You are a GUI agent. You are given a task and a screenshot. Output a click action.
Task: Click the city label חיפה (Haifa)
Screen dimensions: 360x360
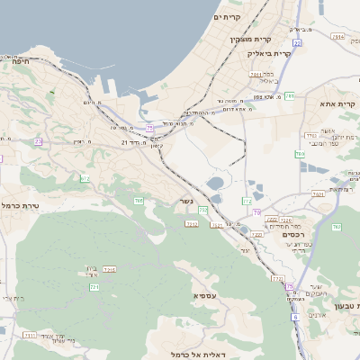(x=21, y=62)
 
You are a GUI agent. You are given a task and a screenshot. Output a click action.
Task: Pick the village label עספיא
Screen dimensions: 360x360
(x=203, y=295)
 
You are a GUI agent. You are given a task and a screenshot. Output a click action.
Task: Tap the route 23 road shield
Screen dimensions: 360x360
(x=39, y=141)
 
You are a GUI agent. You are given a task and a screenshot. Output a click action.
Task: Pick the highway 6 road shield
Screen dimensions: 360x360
(x=294, y=317)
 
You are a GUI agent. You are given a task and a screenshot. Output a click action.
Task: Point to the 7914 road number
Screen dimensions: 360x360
(x=337, y=37)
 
